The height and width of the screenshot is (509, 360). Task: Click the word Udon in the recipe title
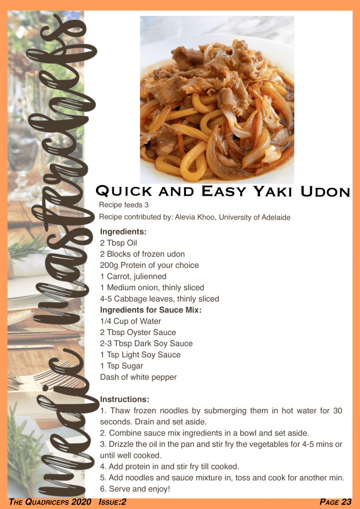click(325, 191)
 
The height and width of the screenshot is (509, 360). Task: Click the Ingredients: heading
click(123, 232)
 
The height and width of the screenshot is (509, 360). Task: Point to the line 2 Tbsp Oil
click(118, 243)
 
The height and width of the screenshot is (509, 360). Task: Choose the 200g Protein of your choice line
click(149, 265)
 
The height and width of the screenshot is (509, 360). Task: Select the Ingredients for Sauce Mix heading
click(151, 310)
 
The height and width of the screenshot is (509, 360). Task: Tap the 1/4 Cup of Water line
click(130, 321)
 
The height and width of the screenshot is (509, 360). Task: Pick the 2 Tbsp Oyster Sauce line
click(138, 333)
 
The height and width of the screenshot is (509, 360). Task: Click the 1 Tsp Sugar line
click(122, 366)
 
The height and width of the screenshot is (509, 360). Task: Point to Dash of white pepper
click(138, 377)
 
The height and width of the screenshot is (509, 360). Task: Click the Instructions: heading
click(125, 399)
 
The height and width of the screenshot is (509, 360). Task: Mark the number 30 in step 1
click(338, 411)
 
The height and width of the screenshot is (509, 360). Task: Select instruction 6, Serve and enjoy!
click(135, 489)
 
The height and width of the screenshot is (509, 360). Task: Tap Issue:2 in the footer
click(112, 503)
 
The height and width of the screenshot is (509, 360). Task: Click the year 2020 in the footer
click(82, 503)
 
